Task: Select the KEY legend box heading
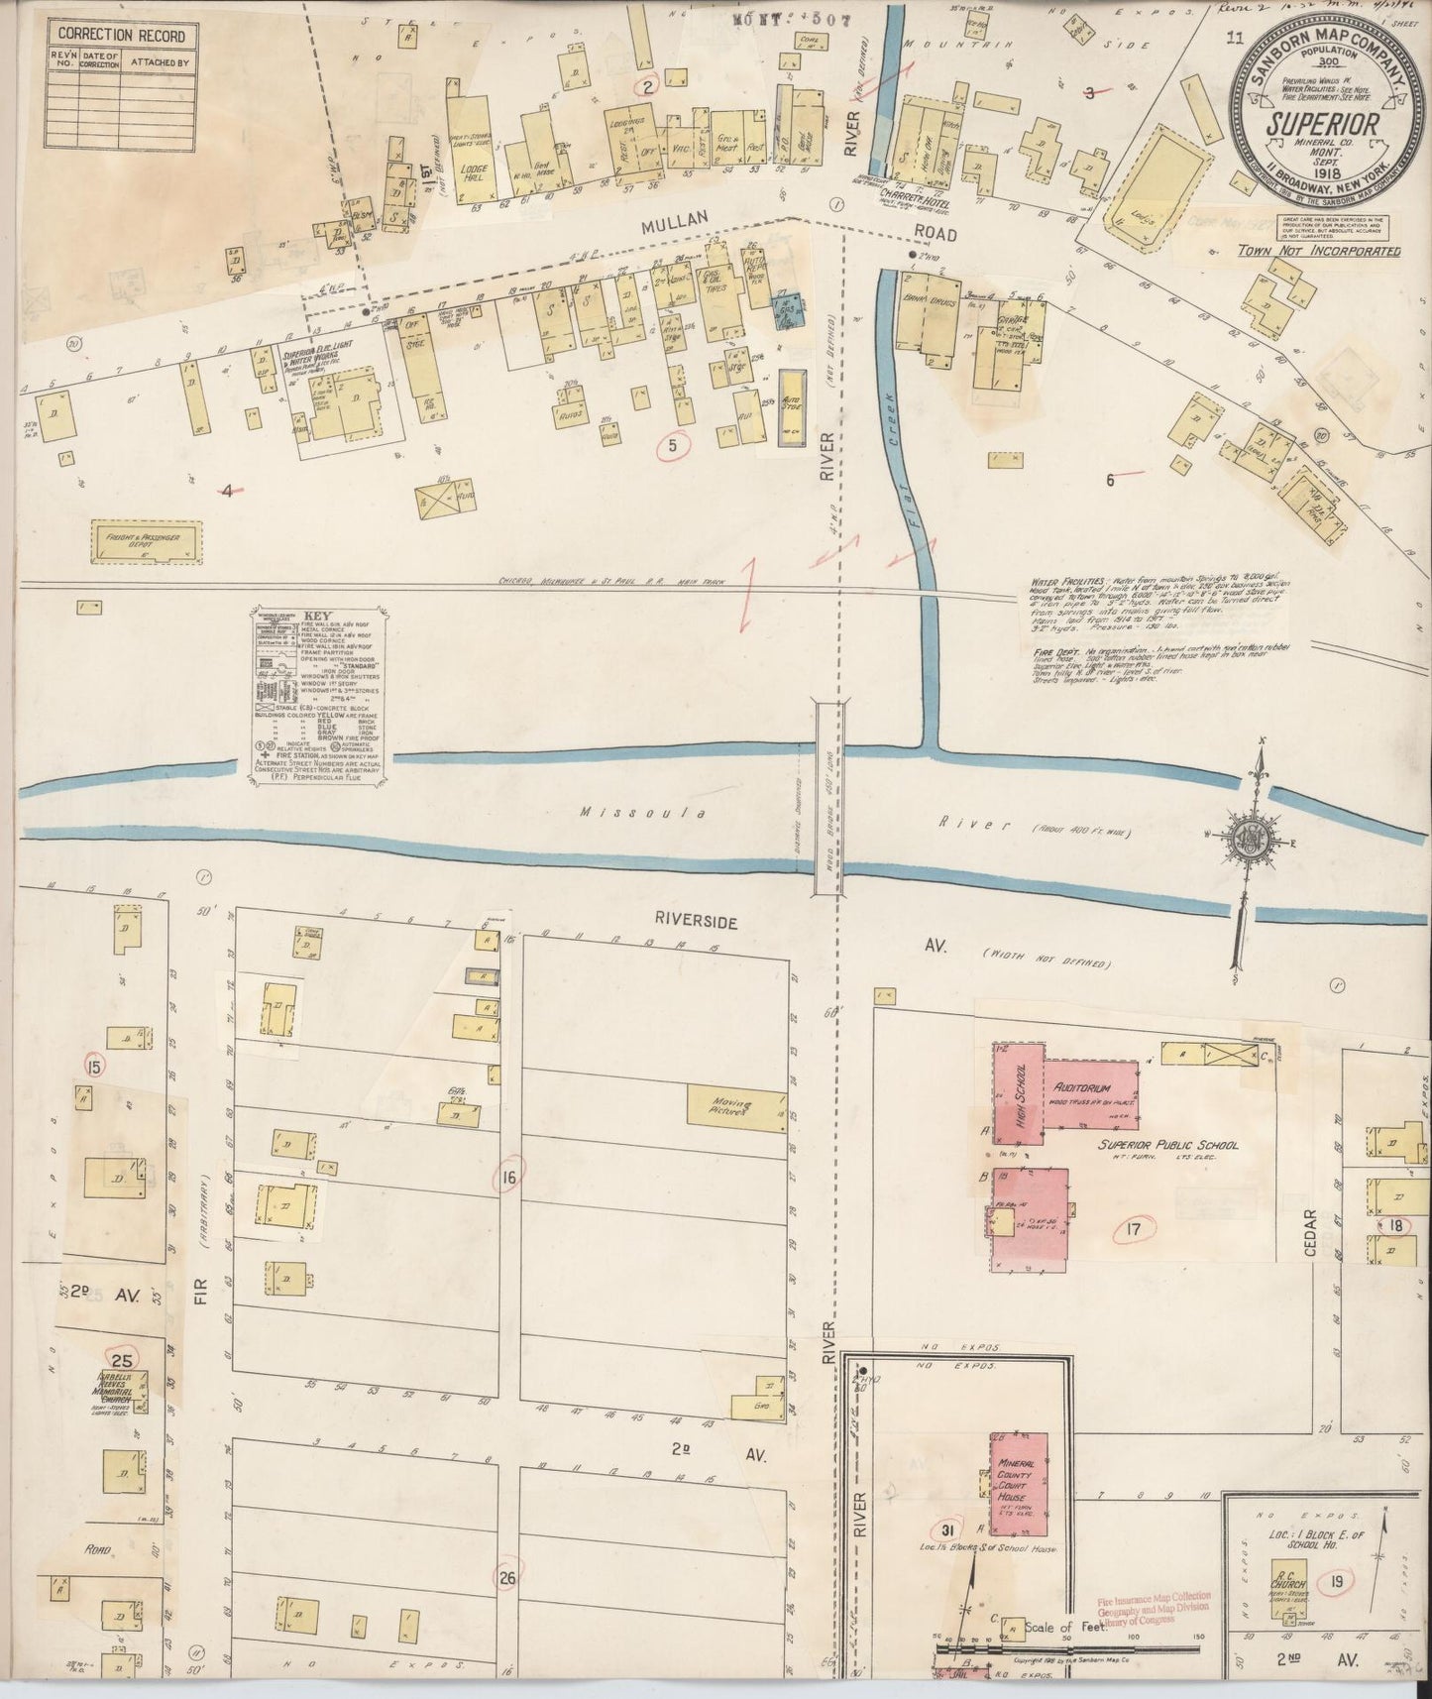pos(312,614)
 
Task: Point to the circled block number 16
pos(509,1178)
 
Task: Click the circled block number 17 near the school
pos(1136,1233)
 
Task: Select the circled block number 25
pos(122,1360)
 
